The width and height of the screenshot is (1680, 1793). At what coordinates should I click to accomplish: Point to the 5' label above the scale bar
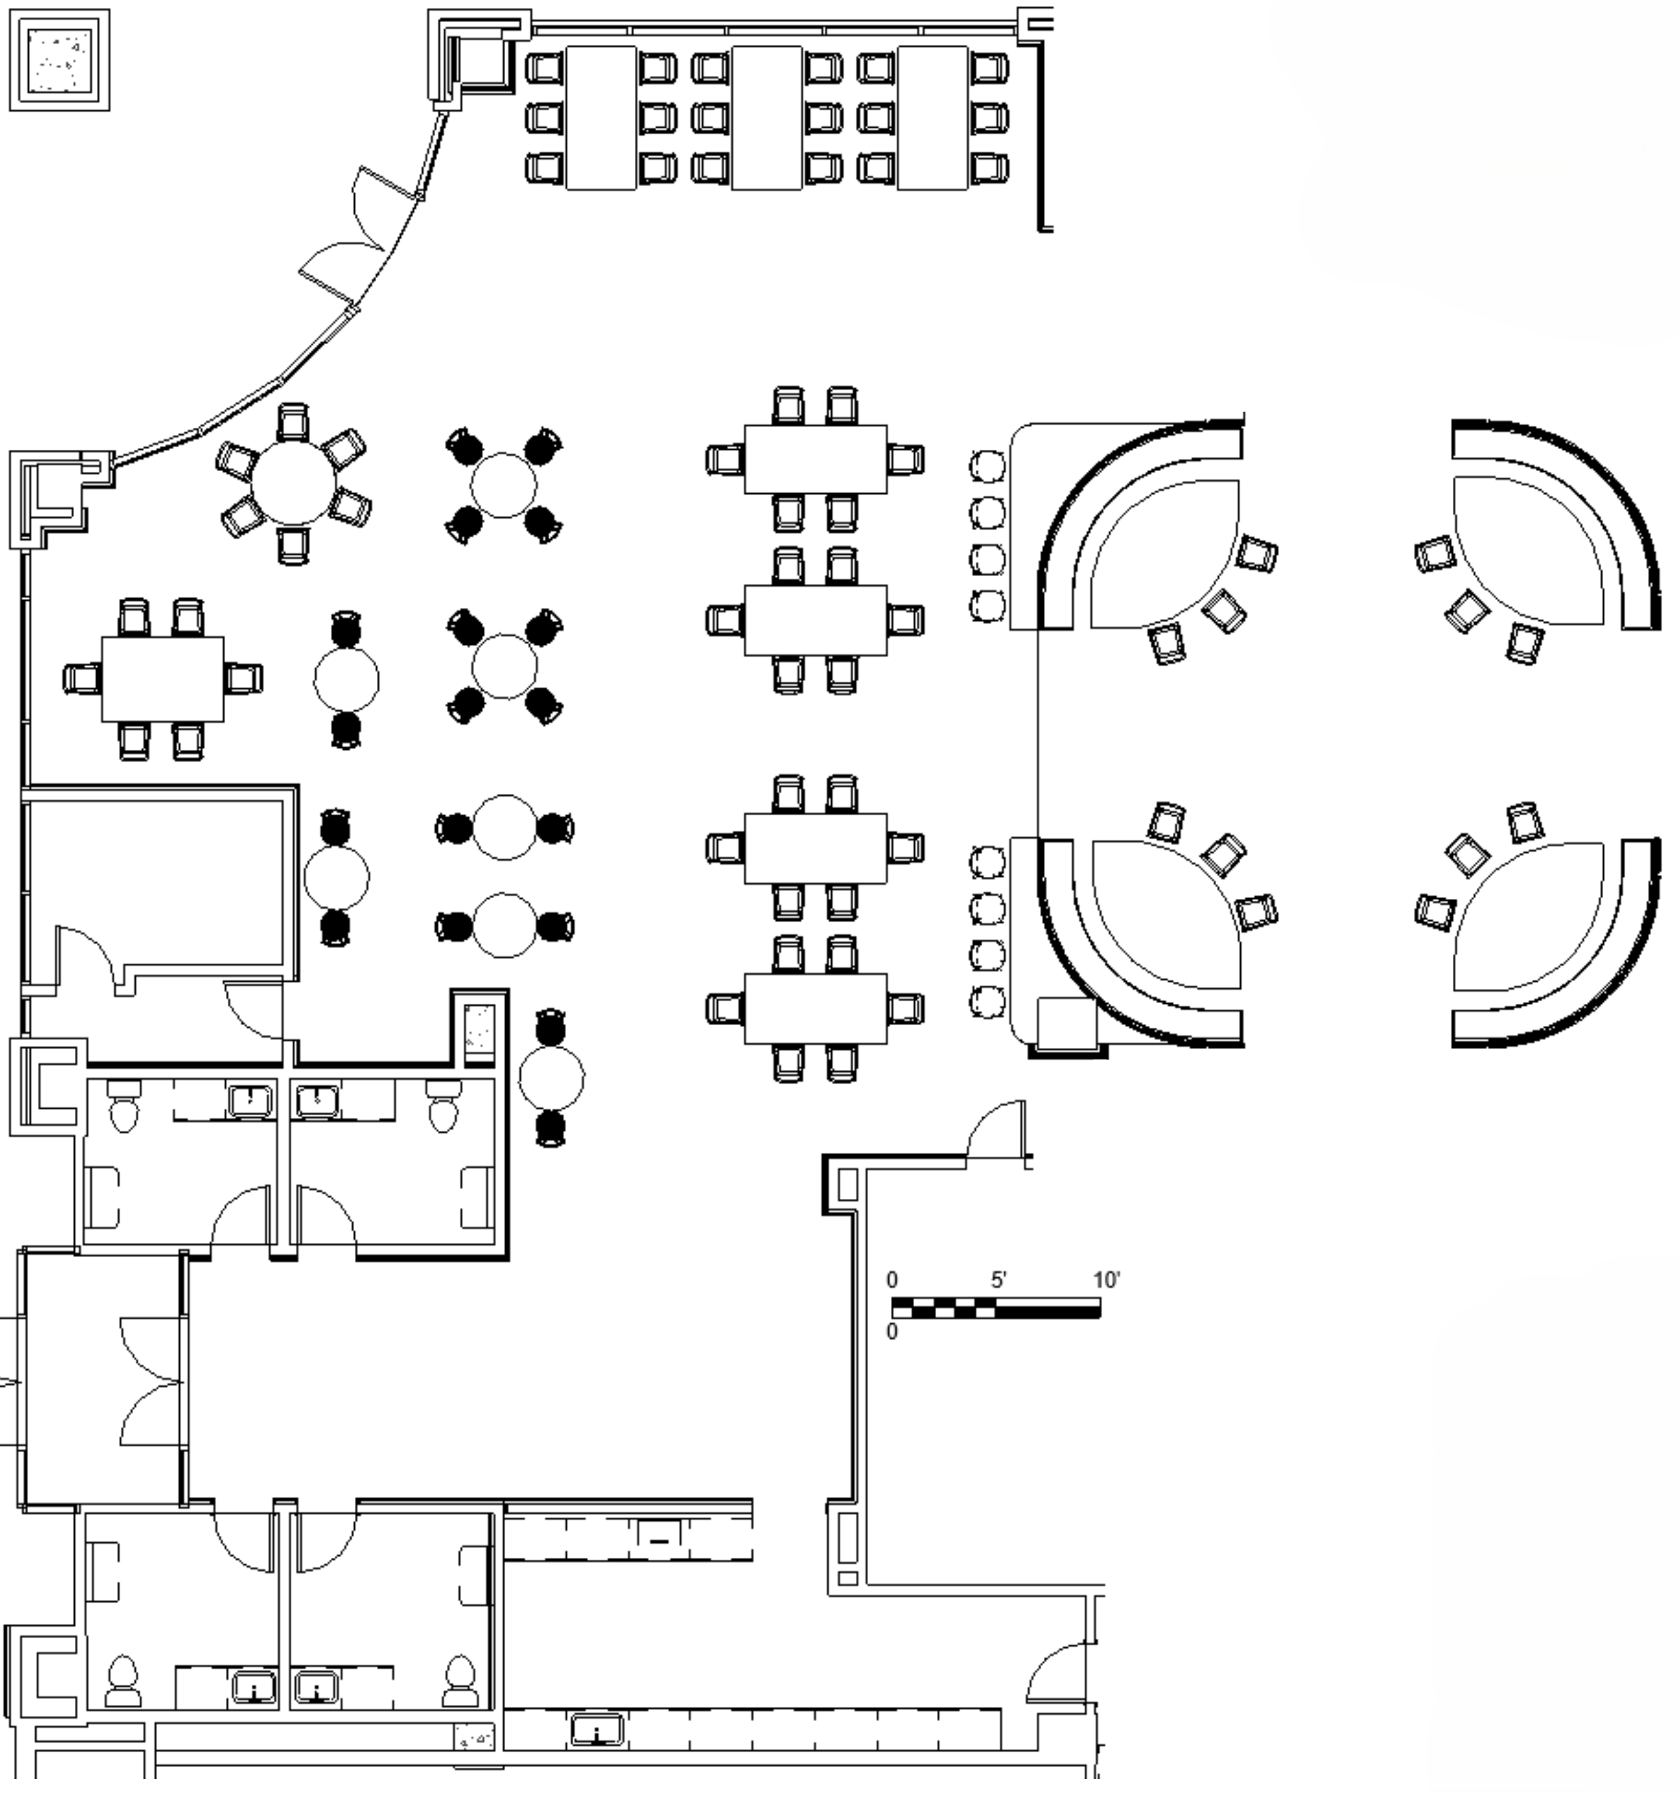998,1280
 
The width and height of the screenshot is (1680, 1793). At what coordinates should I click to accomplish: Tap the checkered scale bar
996,1308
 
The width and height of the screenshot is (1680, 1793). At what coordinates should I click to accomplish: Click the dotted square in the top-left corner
59,60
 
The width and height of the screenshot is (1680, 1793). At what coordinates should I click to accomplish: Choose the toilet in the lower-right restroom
460,1681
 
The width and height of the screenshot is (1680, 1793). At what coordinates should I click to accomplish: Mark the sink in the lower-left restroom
255,1685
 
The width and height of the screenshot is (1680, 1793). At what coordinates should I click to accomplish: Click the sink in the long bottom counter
596,1731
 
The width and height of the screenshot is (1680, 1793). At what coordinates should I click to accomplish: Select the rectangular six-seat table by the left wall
162,679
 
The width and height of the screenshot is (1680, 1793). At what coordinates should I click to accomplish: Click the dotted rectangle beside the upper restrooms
479,1029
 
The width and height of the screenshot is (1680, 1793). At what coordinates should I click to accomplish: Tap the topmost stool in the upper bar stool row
988,466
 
